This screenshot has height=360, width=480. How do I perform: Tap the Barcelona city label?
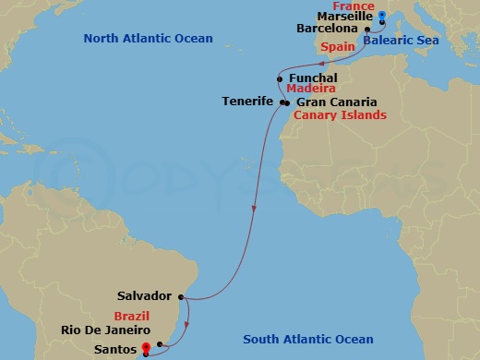coord(332,30)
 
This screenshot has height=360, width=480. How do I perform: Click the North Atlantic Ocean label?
coord(148,39)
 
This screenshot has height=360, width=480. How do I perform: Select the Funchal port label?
coord(313,78)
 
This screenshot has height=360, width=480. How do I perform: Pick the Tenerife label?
coord(247,101)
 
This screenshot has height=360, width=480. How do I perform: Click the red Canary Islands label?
coord(339,115)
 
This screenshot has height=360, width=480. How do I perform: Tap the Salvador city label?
coord(145,296)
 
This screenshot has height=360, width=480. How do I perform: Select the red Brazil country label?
coord(131,316)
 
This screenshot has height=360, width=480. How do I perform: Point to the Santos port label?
coord(114,350)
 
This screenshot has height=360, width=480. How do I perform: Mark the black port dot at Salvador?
coord(182,297)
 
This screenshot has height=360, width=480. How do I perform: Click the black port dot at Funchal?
coord(279,78)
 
